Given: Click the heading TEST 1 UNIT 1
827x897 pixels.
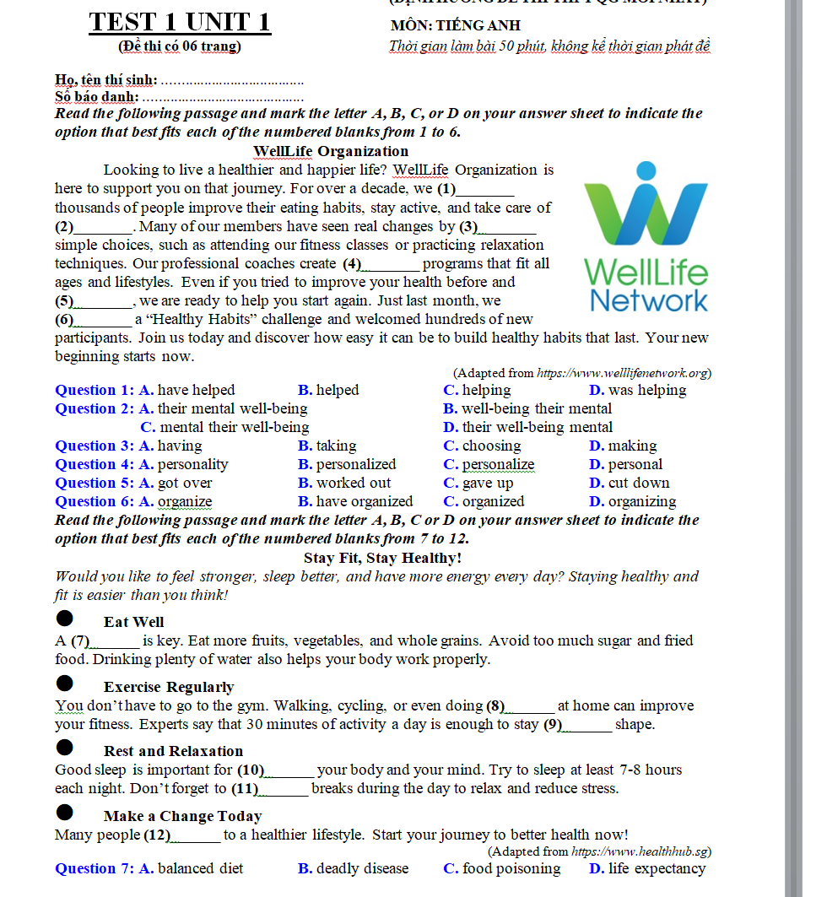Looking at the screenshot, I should (180, 21).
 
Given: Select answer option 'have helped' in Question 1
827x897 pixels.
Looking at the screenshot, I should (196, 390).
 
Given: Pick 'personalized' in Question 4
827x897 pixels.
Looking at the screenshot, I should (355, 464).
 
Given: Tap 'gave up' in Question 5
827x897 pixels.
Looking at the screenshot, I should (487, 483).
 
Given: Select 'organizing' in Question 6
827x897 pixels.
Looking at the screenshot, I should (641, 501).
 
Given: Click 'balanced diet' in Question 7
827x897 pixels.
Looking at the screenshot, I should (200, 868).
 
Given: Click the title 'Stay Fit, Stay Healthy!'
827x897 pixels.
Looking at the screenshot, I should (382, 558).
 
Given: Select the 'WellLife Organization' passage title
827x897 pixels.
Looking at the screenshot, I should (330, 151).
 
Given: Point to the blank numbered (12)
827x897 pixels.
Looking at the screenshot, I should (196, 835).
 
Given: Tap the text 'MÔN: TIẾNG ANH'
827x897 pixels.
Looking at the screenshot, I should (456, 25).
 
